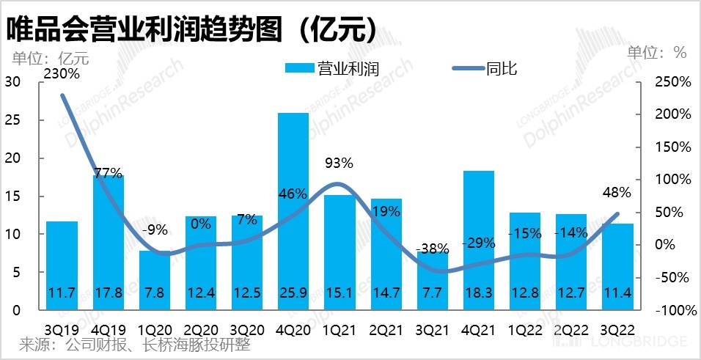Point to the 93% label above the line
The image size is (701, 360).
[340, 163]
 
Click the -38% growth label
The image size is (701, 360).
[432, 249]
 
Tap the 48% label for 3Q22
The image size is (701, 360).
[616, 193]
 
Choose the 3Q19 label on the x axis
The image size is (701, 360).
[62, 329]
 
